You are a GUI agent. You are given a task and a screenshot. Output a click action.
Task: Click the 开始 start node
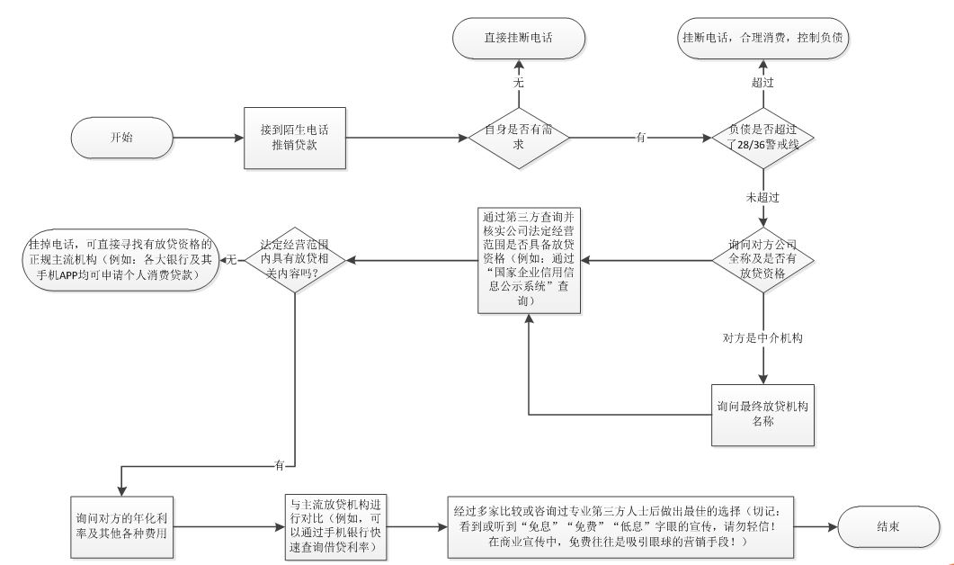(121, 138)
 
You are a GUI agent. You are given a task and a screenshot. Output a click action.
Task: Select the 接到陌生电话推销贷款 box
(295, 138)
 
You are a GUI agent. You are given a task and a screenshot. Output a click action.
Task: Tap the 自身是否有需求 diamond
(519, 138)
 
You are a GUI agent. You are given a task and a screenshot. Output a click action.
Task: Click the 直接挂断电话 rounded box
(519, 39)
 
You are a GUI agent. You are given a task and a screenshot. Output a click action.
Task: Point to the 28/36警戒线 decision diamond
(762, 138)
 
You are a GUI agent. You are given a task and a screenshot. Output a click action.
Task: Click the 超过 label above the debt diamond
(762, 82)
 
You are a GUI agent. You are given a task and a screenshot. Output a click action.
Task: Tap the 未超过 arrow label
(762, 197)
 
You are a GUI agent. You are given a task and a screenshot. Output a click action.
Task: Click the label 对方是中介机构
(762, 338)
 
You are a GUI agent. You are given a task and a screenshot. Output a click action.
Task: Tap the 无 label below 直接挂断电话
(519, 82)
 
